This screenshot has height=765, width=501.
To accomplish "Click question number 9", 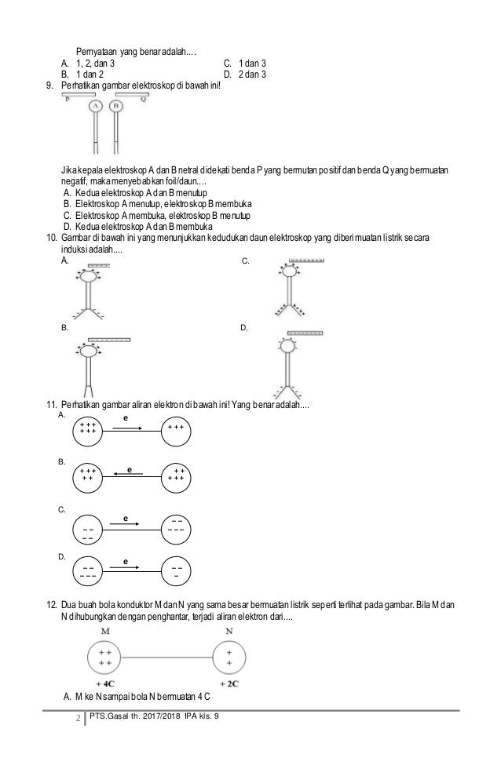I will (x=52, y=85).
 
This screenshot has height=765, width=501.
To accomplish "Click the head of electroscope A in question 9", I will (x=96, y=106).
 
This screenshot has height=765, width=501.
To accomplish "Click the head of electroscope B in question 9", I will (x=116, y=106).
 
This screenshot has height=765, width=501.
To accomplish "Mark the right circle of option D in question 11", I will (x=177, y=570).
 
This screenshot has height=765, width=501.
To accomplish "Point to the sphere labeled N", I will (x=229, y=657).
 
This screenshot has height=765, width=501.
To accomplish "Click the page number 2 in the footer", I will (x=77, y=716).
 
